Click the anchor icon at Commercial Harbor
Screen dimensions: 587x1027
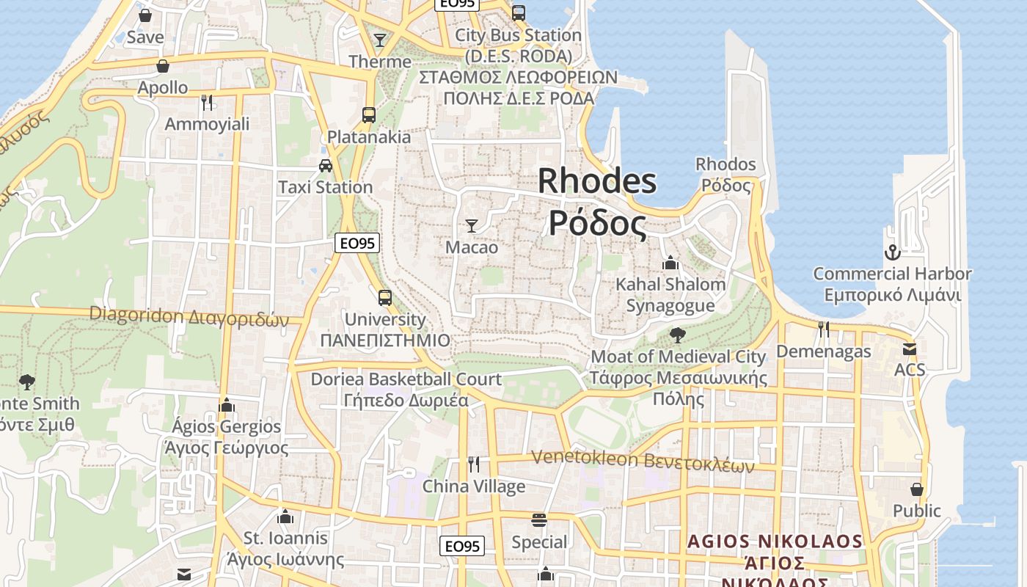tap(892, 253)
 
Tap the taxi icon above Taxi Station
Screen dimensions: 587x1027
tap(326, 166)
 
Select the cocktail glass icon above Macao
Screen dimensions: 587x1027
tap(472, 225)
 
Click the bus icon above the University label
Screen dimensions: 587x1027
tap(385, 298)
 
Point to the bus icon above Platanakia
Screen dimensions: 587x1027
tap(369, 115)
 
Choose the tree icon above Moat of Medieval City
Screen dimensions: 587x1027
tap(678, 335)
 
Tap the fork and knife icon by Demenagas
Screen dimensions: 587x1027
tap(824, 329)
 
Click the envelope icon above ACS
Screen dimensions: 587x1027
tap(910, 349)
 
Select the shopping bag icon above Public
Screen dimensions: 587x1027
tap(916, 489)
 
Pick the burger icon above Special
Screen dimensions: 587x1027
tap(539, 521)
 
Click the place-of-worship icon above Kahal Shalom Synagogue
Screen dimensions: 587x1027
tap(670, 263)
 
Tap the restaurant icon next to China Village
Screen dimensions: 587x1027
tap(474, 464)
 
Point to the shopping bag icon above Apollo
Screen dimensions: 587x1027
tap(163, 66)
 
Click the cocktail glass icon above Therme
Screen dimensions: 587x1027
tap(380, 40)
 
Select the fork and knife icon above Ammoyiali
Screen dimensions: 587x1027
tap(207, 102)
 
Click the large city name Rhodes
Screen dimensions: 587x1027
tap(597, 181)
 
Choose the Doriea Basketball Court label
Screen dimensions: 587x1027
tap(406, 379)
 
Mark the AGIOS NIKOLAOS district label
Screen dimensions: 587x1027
tap(775, 542)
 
